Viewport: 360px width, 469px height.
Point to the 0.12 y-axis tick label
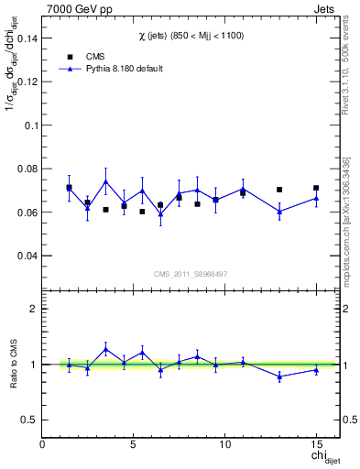27,82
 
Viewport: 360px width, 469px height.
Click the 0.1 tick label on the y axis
30,125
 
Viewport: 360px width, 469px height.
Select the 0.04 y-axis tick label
27,256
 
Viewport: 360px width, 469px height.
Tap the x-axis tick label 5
134,444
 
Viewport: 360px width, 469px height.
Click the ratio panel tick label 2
34,309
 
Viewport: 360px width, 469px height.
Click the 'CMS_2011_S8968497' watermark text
191,274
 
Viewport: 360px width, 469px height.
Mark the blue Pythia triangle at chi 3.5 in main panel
106,181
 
